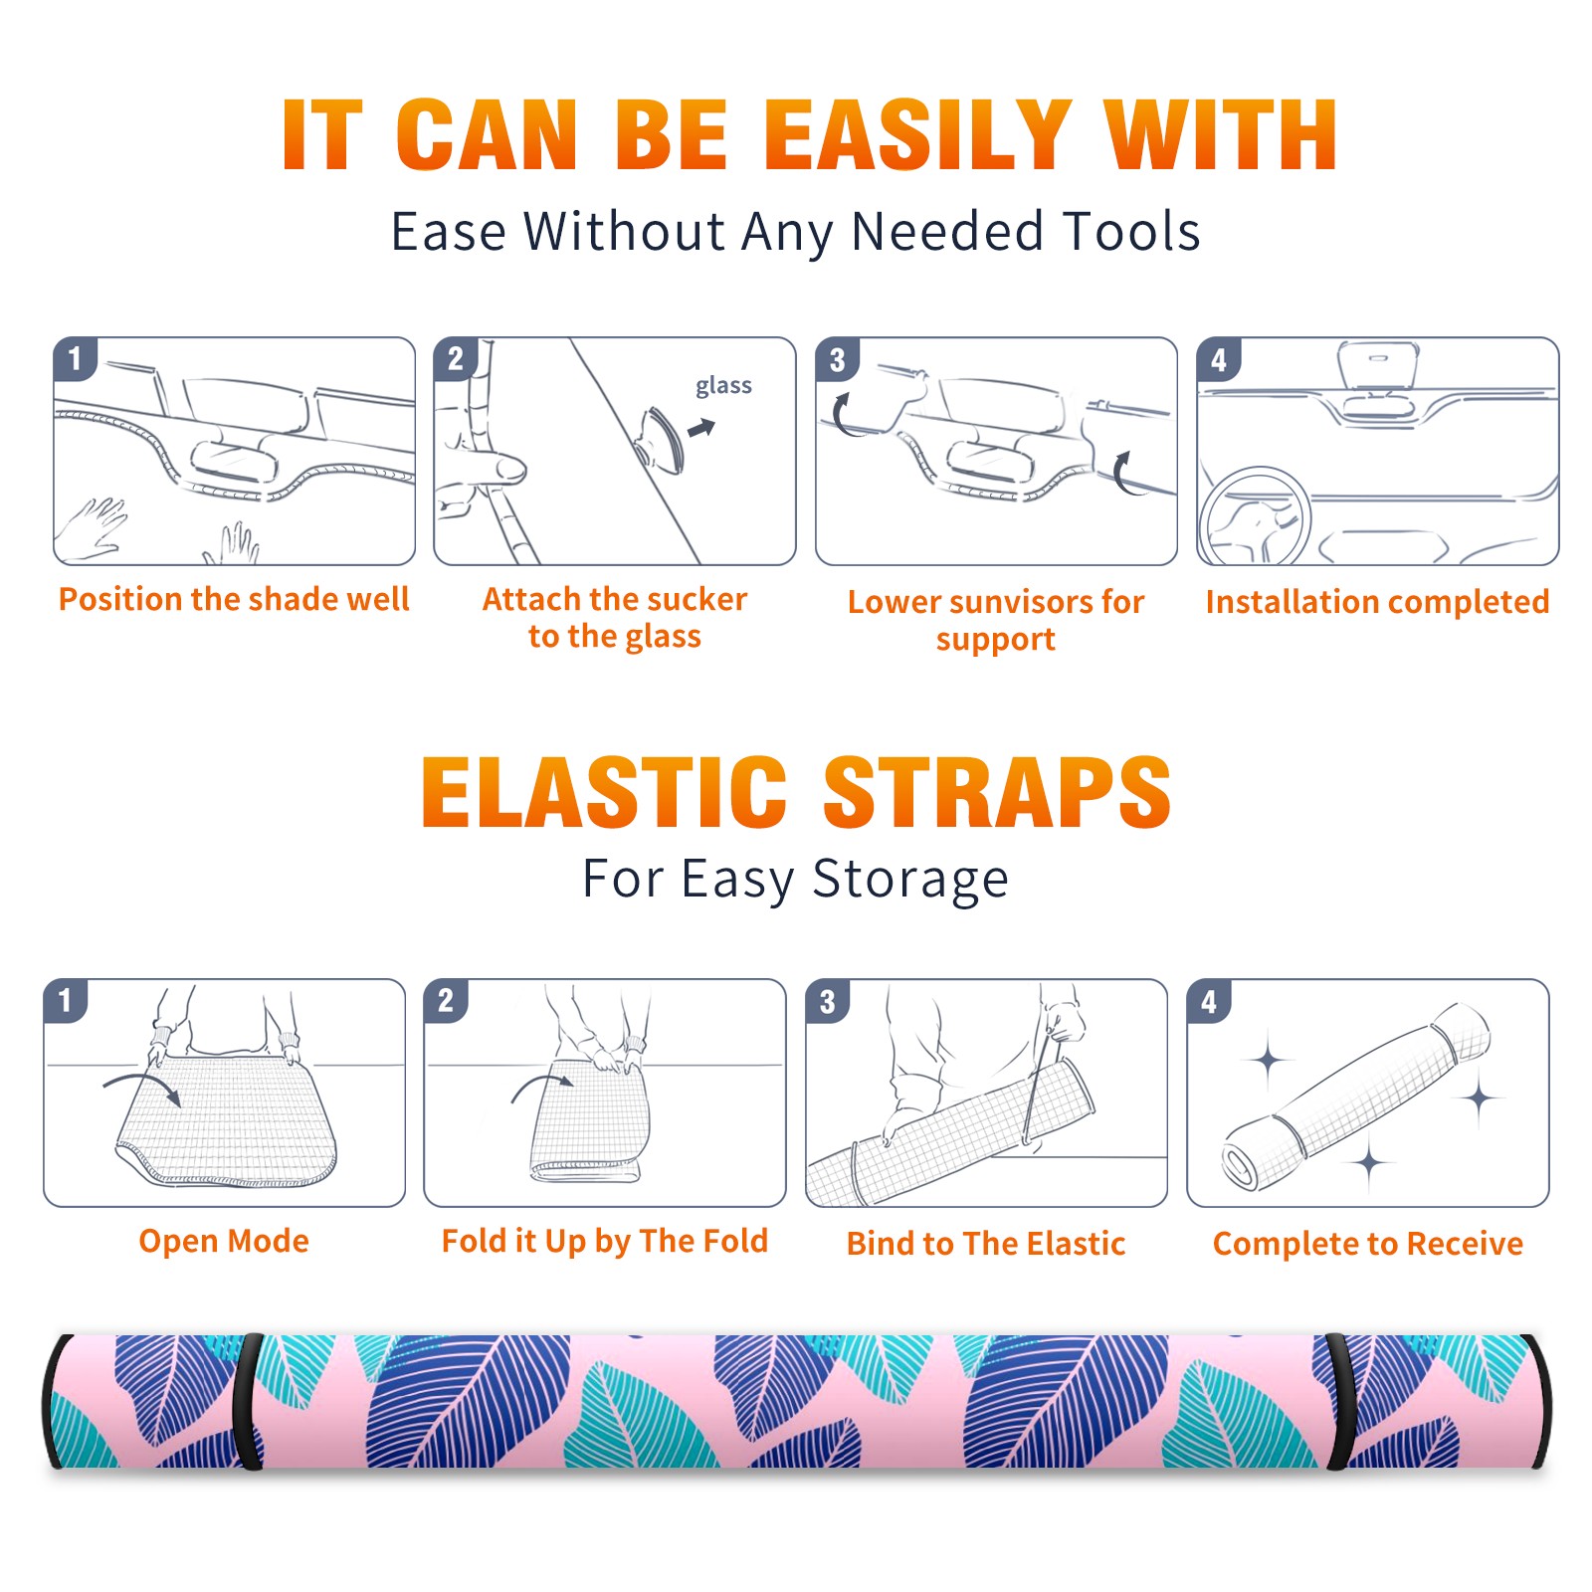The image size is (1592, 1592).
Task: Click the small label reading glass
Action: tap(723, 386)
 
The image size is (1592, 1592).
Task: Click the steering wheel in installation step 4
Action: tap(1255, 517)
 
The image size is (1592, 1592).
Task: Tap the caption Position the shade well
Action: tap(234, 599)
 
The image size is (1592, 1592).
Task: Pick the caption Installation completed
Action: tap(1377, 602)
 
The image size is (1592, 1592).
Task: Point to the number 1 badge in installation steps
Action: tap(76, 359)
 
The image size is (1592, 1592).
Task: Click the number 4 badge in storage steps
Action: tap(1209, 1001)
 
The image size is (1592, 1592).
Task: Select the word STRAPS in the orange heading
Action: tap(997, 792)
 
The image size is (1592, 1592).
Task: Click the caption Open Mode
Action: tap(224, 1241)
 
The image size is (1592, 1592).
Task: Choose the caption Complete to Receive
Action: tap(1368, 1244)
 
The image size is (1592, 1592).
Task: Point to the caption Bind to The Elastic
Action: tap(986, 1244)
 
